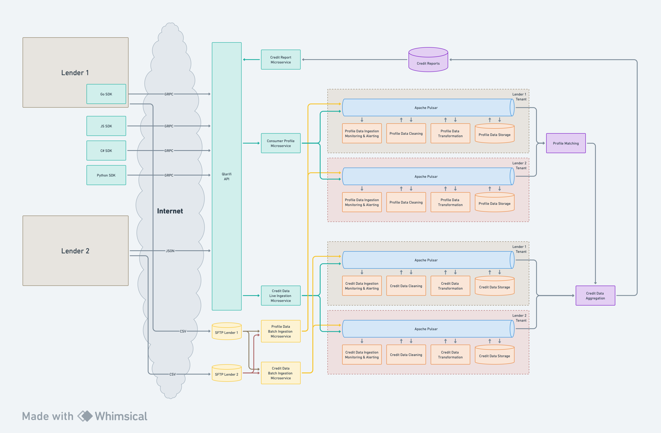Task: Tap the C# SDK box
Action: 106,151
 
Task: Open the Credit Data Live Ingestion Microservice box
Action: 280,296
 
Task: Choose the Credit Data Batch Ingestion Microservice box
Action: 280,373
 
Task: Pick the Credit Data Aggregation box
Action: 595,296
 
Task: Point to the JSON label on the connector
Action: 170,251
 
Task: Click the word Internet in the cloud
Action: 170,211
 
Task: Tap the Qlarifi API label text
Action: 227,176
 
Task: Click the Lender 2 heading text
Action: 75,251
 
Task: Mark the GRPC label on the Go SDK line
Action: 169,94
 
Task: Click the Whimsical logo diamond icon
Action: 85,416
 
